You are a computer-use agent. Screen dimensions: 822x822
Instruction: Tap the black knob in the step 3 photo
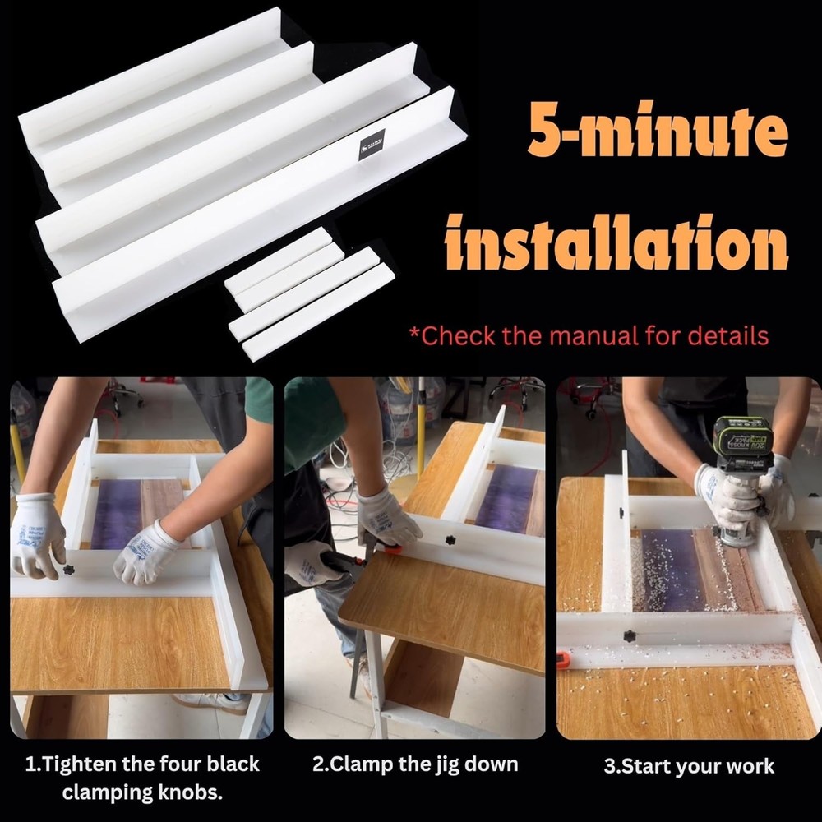pyautogui.click(x=630, y=636)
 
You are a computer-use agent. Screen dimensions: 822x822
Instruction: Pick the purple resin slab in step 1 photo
pyautogui.click(x=114, y=515)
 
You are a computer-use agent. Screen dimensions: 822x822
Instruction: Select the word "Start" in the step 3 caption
pyautogui.click(x=649, y=767)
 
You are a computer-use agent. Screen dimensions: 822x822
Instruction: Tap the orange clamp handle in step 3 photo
pyautogui.click(x=563, y=658)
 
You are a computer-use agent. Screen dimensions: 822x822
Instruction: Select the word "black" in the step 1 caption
pyautogui.click(x=233, y=764)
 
